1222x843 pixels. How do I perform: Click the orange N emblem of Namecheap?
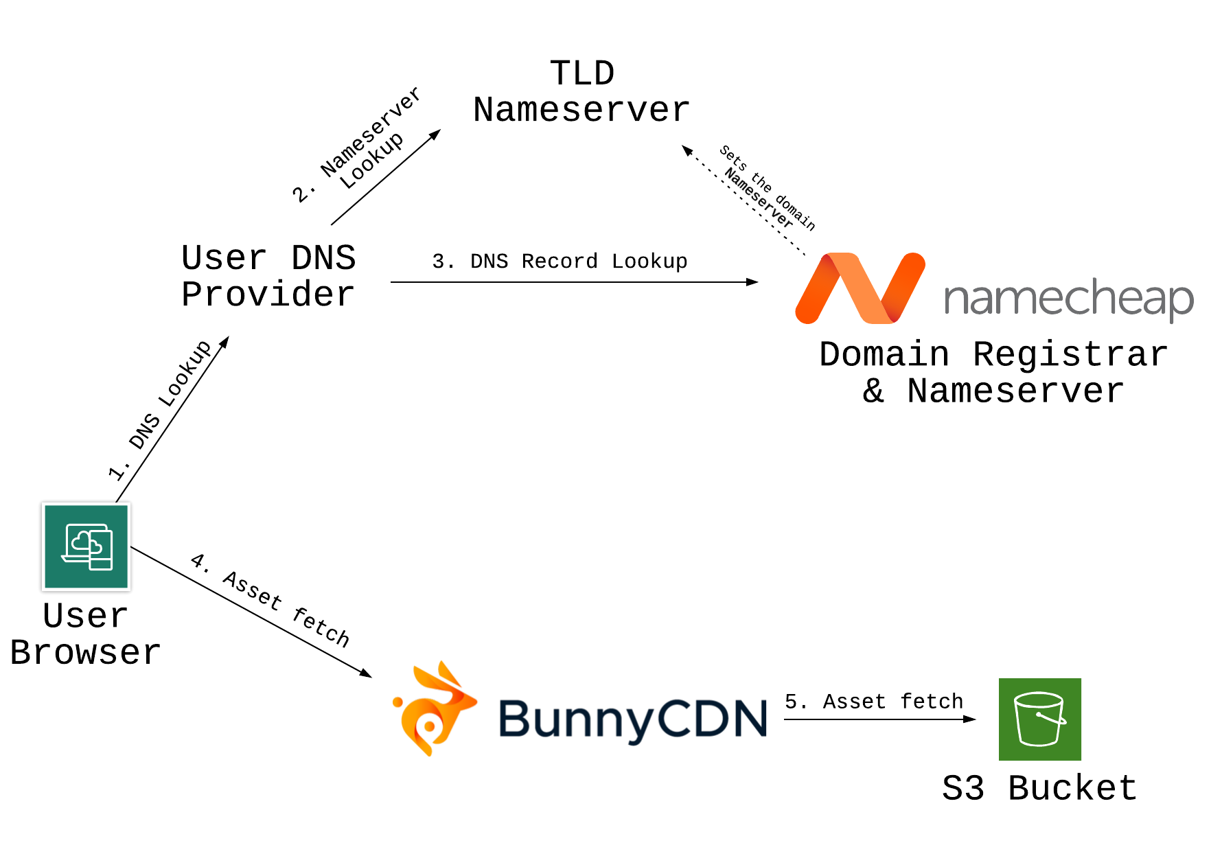860,288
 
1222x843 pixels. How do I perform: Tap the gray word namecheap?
1069,299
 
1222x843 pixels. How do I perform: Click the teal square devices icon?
87,546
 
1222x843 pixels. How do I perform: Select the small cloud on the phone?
97,547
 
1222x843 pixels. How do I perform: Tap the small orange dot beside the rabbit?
397,702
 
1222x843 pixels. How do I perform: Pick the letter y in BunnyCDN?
638,724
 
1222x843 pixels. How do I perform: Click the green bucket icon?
1040,719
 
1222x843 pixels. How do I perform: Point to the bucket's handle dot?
1039,715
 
